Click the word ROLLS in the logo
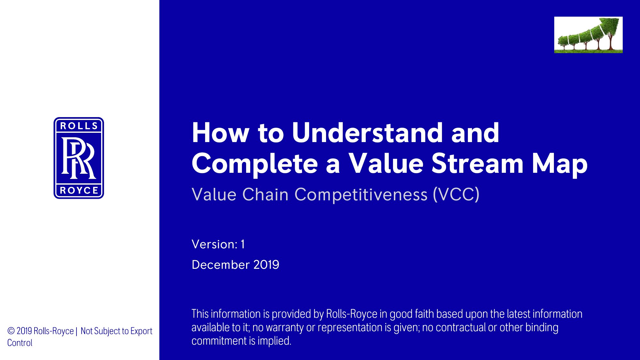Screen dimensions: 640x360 [79, 126]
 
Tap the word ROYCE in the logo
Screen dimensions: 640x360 [79, 190]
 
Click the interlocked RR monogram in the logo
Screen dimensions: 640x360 [79, 158]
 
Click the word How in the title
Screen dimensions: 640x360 [220, 132]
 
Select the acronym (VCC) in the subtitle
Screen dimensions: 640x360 [456, 195]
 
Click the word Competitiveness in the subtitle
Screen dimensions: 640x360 [361, 195]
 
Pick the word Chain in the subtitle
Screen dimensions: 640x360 [265, 195]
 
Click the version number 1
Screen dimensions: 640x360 [243, 244]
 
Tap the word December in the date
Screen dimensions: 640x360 [220, 265]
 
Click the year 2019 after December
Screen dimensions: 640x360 [266, 265]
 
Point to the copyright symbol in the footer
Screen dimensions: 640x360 [11, 331]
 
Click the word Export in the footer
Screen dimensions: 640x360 [141, 331]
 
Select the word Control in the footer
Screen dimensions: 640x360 [20, 343]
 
